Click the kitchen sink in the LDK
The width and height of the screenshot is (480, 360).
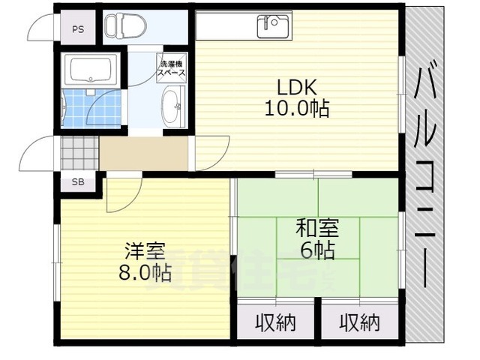pyautogui.click(x=273, y=26)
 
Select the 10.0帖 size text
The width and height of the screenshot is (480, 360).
pyautogui.click(x=295, y=109)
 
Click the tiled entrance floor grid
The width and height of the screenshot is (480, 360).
pyautogui.click(x=79, y=153)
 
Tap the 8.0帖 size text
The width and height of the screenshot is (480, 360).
pyautogui.click(x=144, y=273)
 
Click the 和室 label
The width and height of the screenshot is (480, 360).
pyautogui.click(x=315, y=226)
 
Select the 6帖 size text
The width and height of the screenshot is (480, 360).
pyautogui.click(x=316, y=250)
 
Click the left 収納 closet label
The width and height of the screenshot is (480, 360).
pyautogui.click(x=274, y=323)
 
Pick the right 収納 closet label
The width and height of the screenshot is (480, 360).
pyautogui.click(x=358, y=323)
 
